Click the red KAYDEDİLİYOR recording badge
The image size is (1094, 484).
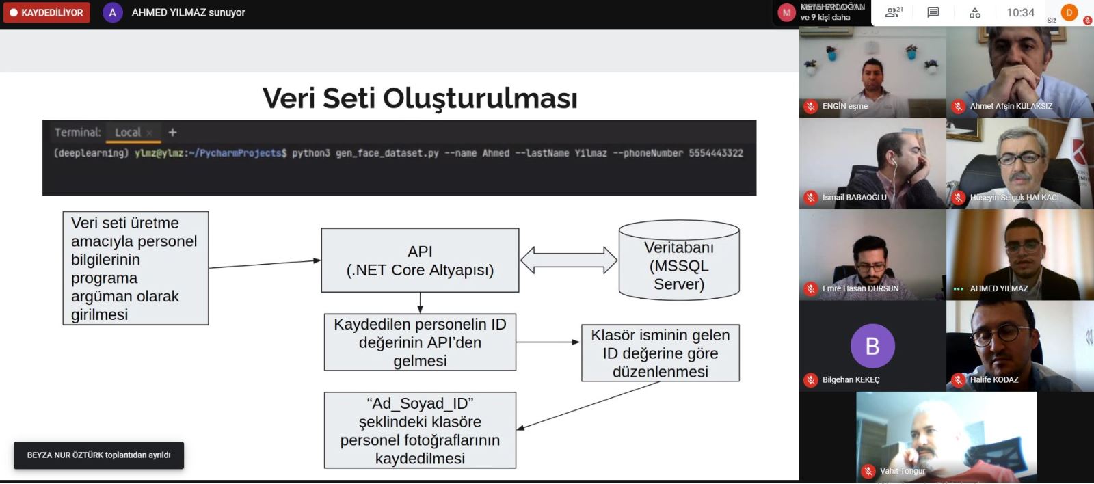click(x=46, y=13)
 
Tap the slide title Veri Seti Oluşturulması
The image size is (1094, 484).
click(x=420, y=98)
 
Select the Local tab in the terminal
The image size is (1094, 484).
click(x=128, y=133)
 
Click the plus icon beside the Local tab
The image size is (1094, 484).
click(x=172, y=133)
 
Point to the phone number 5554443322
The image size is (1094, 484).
click(x=715, y=153)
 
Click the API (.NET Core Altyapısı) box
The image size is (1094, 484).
click(x=420, y=260)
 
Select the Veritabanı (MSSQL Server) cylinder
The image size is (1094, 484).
click(x=679, y=260)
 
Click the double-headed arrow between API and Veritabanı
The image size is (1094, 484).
click(x=569, y=260)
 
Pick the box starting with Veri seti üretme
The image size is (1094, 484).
click(x=135, y=268)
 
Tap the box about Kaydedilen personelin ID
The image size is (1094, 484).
click(x=420, y=342)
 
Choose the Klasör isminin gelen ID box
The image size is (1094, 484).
click(x=660, y=353)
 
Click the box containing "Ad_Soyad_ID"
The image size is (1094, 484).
click(x=420, y=430)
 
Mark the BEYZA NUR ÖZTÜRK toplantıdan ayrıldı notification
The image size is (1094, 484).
click(x=98, y=455)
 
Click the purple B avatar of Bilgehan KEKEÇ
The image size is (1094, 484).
click(x=872, y=346)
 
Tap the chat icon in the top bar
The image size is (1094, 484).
click(x=933, y=12)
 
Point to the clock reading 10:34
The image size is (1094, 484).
click(x=1020, y=12)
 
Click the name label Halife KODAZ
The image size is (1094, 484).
click(x=993, y=380)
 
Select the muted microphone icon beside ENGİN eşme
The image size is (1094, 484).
click(x=811, y=107)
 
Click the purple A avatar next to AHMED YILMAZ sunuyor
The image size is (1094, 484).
click(x=112, y=13)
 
